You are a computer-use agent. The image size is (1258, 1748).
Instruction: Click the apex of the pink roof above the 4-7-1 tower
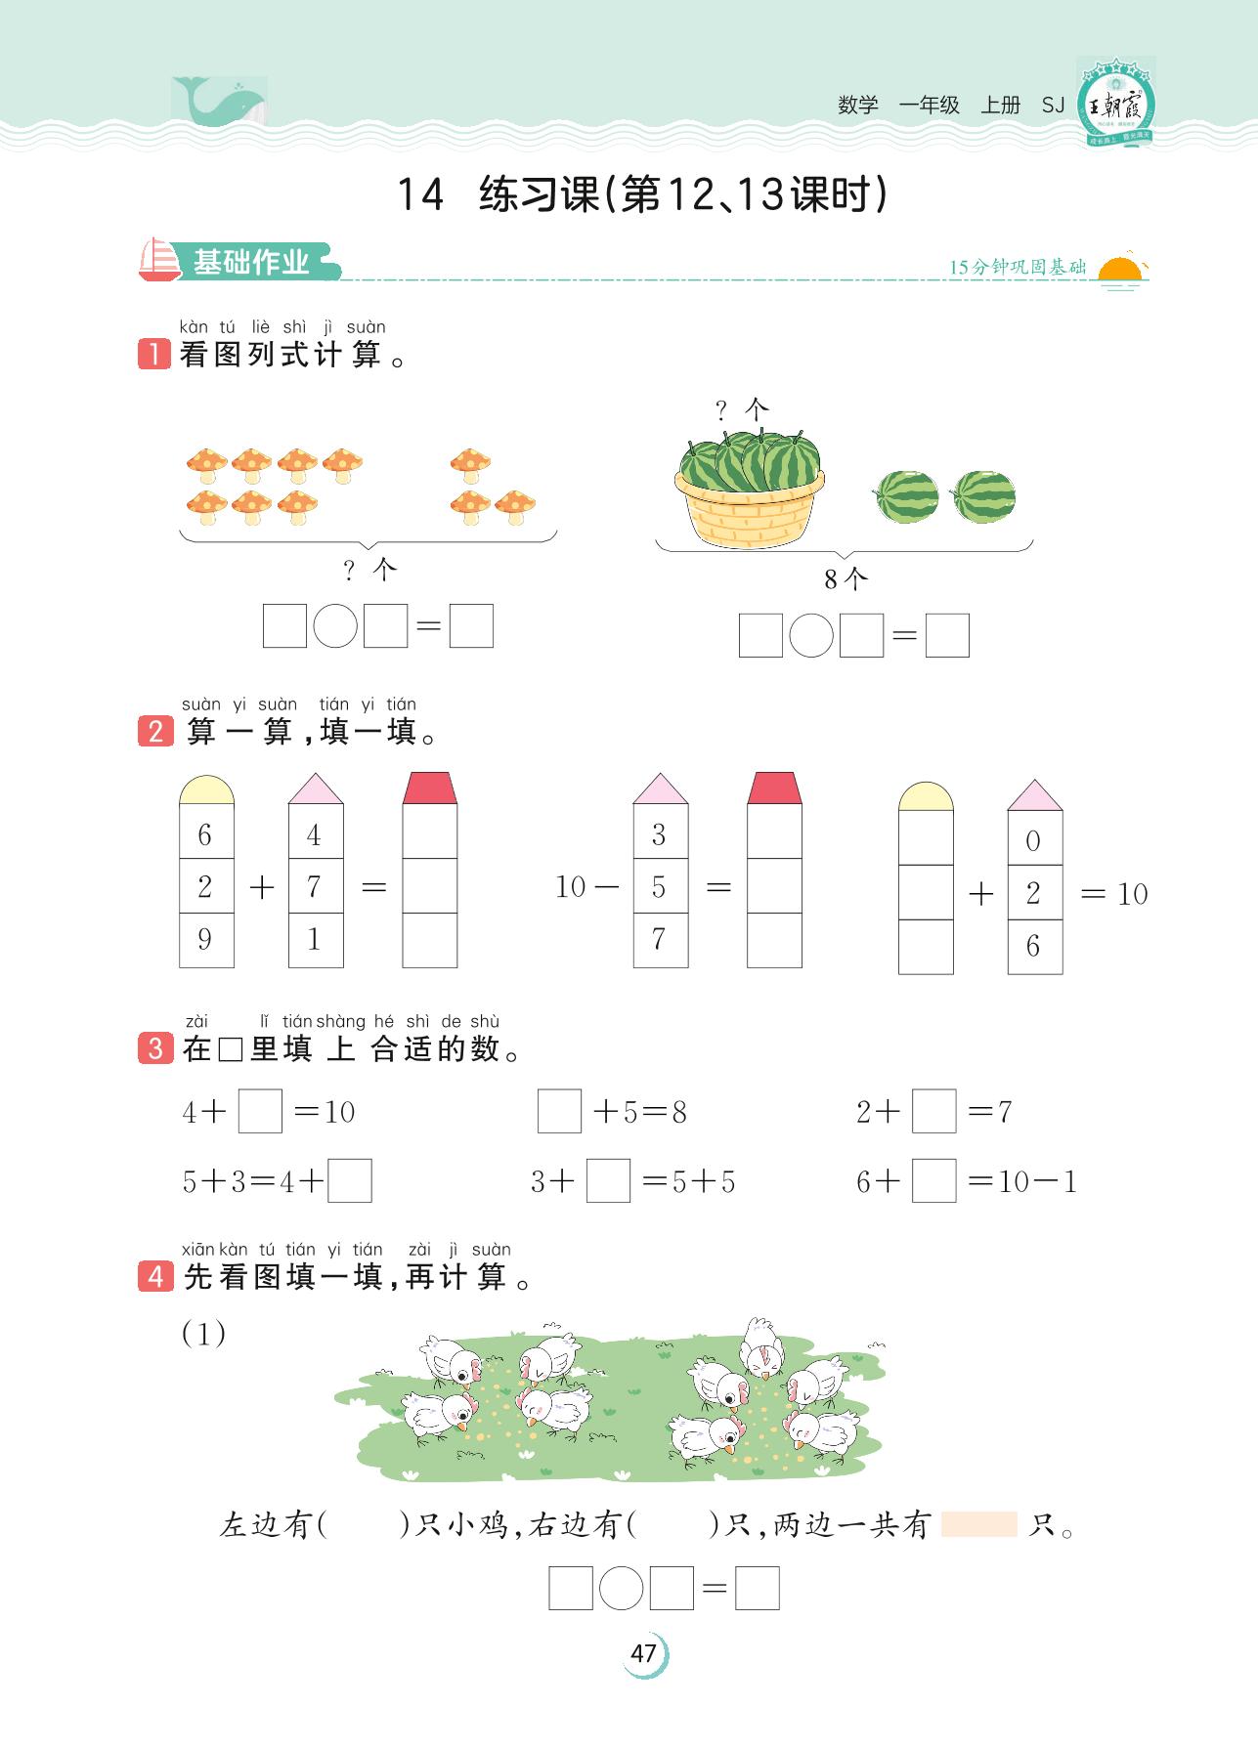(x=316, y=774)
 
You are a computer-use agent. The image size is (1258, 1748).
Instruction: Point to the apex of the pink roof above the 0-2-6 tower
(x=1035, y=781)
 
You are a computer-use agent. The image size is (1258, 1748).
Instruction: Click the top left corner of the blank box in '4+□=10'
(x=239, y=1089)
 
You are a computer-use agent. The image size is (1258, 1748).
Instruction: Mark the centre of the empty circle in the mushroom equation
(x=335, y=625)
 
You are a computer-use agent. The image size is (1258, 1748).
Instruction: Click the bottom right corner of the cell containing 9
(x=234, y=967)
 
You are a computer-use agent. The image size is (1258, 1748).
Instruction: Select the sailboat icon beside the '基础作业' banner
(x=160, y=260)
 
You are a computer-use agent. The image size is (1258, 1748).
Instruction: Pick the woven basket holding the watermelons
(x=749, y=507)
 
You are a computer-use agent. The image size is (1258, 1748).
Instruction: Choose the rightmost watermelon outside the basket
(x=983, y=495)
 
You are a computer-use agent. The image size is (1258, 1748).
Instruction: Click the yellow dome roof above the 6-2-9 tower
(x=206, y=789)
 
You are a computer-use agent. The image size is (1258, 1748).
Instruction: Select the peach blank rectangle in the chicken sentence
(x=978, y=1524)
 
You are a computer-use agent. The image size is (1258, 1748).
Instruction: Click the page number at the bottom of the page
(x=643, y=1653)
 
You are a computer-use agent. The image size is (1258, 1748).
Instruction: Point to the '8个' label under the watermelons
(x=846, y=579)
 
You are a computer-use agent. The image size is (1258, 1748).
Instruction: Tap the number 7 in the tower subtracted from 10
(x=660, y=939)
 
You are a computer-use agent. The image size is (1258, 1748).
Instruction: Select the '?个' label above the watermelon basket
(x=743, y=410)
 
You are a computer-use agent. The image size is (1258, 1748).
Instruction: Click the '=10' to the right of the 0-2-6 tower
(x=1114, y=893)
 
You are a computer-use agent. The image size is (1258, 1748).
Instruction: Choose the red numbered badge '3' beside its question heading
(x=155, y=1048)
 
